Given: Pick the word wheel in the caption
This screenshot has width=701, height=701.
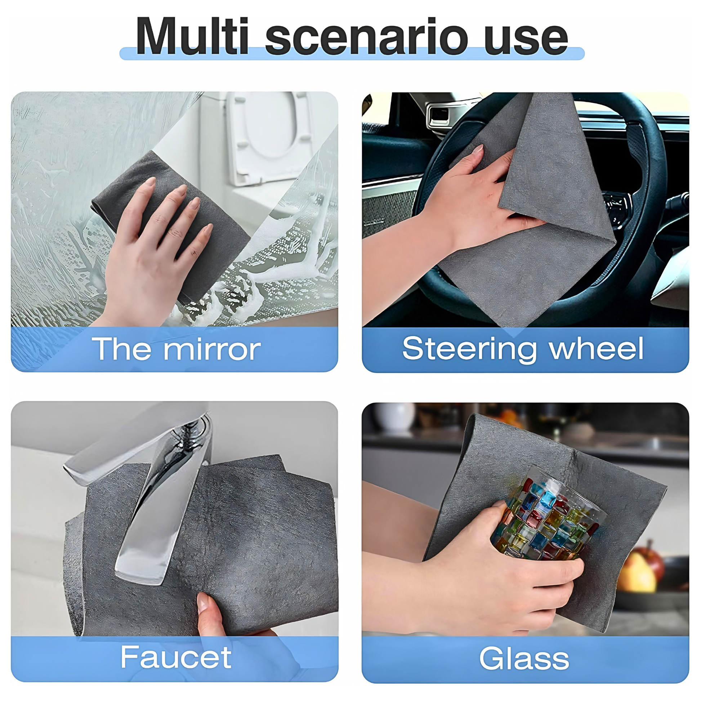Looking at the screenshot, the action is [x=597, y=348].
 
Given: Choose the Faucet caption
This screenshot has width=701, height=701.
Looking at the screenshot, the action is [x=176, y=657].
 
